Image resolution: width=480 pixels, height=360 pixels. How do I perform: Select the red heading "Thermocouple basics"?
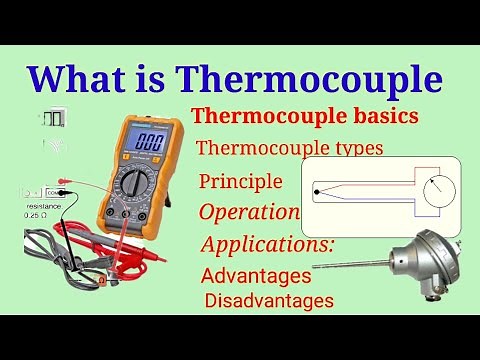(x=305, y=117)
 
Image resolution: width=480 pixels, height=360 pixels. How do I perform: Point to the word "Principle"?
(x=240, y=182)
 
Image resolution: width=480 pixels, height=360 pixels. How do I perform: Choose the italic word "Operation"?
(x=249, y=212)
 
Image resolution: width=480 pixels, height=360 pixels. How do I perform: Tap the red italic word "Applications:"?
(x=267, y=245)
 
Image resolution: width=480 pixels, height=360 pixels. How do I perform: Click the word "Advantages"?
(x=256, y=275)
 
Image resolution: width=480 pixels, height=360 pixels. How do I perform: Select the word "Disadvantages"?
(x=269, y=299)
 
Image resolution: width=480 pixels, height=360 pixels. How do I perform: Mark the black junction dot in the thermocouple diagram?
(x=317, y=188)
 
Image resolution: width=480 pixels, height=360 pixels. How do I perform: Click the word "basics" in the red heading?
(x=381, y=117)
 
